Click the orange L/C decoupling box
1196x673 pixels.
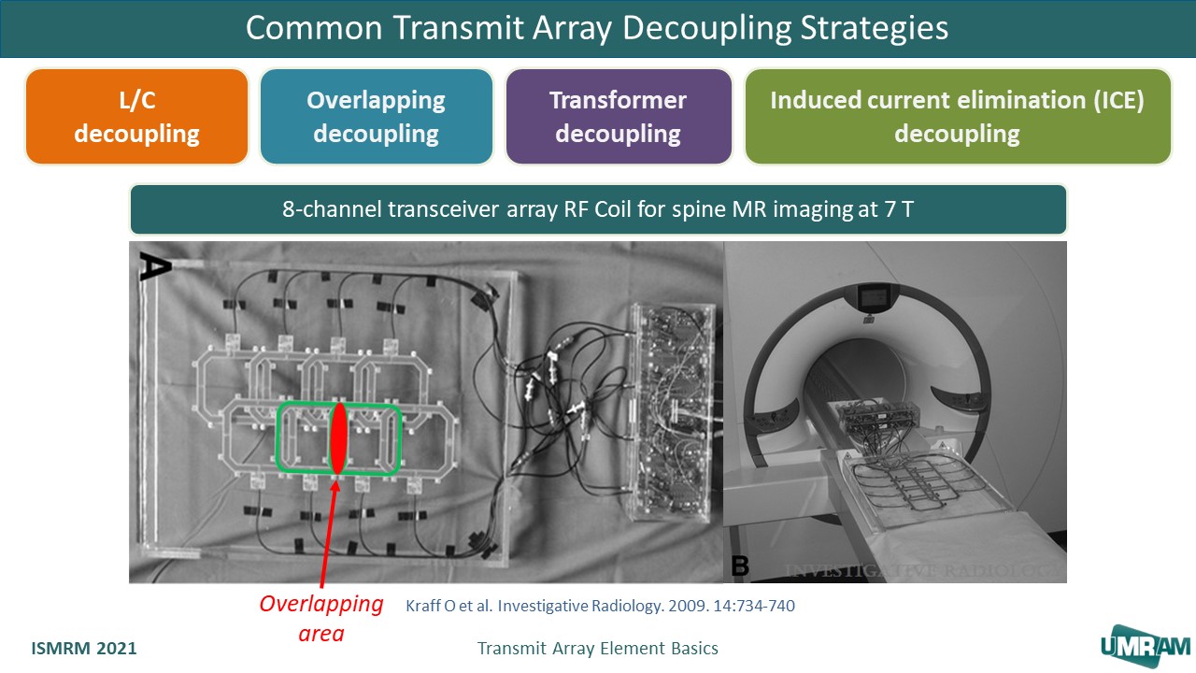tap(136, 117)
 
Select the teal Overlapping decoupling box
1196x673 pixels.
tap(376, 117)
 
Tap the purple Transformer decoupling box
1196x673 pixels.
tap(618, 117)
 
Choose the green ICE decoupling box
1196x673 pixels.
tap(957, 117)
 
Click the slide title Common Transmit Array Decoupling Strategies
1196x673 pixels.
tap(597, 28)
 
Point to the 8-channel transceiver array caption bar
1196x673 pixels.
tap(597, 209)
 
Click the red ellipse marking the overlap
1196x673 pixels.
tap(339, 437)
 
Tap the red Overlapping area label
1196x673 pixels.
tap(321, 618)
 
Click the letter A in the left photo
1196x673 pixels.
tap(151, 266)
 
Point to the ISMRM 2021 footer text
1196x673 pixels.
tap(84, 648)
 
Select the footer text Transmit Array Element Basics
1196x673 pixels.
tap(597, 648)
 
